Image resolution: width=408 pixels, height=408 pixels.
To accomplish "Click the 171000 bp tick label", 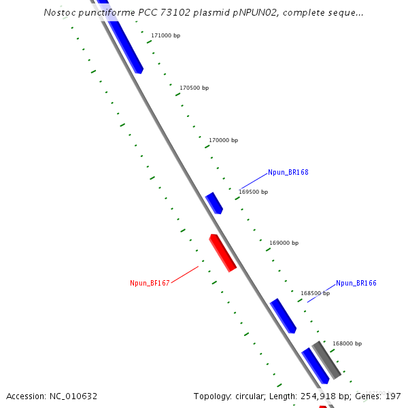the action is point(165,35).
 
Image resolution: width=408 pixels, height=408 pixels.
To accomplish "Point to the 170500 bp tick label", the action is point(194,88).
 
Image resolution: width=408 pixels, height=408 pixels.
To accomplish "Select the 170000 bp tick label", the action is point(223,140).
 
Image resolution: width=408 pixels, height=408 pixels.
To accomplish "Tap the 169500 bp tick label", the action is point(253,192).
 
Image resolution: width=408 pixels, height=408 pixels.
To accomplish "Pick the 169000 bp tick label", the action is point(284,243).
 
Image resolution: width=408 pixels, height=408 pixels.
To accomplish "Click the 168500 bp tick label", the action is point(315,293).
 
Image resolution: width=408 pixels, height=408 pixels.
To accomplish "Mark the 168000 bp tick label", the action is point(347,343).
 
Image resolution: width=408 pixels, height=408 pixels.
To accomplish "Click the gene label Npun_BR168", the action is point(288,173).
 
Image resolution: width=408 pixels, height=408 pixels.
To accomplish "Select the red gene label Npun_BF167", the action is point(150,283).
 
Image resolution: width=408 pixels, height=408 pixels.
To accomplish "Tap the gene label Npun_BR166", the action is point(356,283).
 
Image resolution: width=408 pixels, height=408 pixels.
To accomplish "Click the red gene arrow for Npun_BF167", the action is point(222,252).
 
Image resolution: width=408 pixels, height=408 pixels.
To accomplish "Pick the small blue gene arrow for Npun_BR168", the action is point(214,203).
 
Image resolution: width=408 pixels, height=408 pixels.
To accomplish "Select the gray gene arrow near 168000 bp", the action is point(326,360).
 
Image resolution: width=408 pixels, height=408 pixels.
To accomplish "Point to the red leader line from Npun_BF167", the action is point(184,275).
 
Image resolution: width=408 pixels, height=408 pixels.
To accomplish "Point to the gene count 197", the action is point(393,396).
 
